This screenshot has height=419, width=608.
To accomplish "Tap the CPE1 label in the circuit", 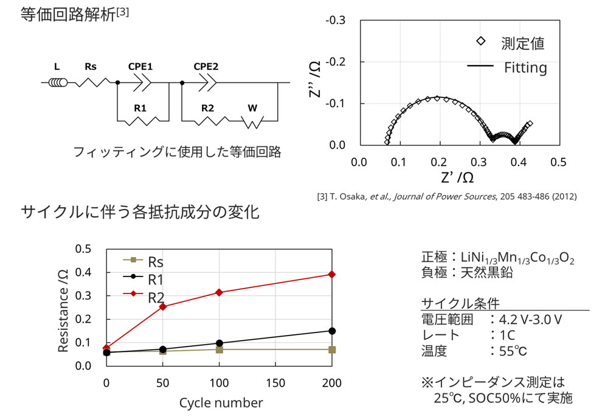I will coord(140,66).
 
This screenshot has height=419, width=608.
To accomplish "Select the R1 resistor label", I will coord(141,108).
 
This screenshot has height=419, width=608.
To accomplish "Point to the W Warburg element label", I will coord(252,108).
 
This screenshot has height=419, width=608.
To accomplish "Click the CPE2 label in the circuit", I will coord(206,66).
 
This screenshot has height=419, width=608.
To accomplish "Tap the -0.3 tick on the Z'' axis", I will coord(335,21).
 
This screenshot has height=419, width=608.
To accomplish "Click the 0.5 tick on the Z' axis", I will coord(558,163).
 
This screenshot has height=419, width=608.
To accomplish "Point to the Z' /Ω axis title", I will coord(458,178).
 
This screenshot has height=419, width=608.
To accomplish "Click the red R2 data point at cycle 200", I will coord(332,274).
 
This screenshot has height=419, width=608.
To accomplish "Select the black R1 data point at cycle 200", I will coord(332,331).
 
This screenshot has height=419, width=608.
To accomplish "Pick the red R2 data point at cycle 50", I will coord(163,306).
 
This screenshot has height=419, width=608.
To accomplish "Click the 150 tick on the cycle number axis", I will coord(275,384).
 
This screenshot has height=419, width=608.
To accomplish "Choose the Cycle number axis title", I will coord(221,403).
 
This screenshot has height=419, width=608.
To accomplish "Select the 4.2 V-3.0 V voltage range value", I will coord(530,319).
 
